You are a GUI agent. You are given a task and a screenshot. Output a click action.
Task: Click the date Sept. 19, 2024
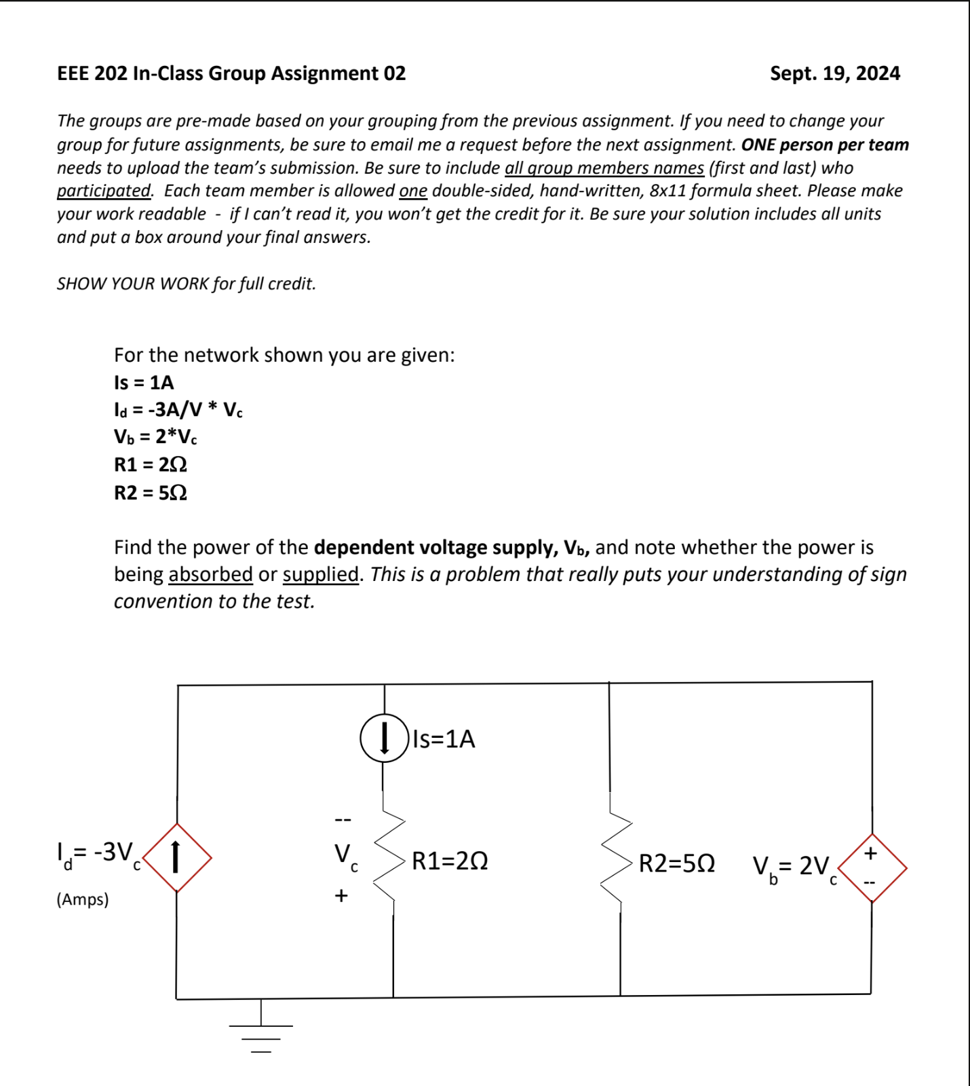(834, 73)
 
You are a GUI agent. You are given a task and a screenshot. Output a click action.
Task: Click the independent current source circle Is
(384, 738)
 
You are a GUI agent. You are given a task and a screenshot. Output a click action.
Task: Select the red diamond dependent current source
(177, 857)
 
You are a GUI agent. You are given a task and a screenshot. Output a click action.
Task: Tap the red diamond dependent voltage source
(872, 867)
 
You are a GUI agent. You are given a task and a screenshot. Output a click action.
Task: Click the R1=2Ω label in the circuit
(450, 861)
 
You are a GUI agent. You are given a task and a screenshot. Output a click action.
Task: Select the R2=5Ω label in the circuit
(676, 864)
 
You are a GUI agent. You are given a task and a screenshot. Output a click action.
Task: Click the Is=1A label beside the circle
(444, 739)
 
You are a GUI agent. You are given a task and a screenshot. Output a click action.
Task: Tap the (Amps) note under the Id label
(82, 899)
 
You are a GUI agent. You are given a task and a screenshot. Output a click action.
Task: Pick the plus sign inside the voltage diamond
(872, 853)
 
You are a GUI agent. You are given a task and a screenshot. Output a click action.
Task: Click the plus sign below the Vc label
(341, 896)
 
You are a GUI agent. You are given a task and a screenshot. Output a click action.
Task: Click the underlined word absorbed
(210, 574)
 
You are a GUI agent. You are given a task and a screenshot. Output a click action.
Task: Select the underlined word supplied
(320, 574)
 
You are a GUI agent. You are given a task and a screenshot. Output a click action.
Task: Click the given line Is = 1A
(144, 383)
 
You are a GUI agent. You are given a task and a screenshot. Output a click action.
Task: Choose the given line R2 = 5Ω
(150, 493)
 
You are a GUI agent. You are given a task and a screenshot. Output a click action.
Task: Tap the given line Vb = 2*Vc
(155, 437)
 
